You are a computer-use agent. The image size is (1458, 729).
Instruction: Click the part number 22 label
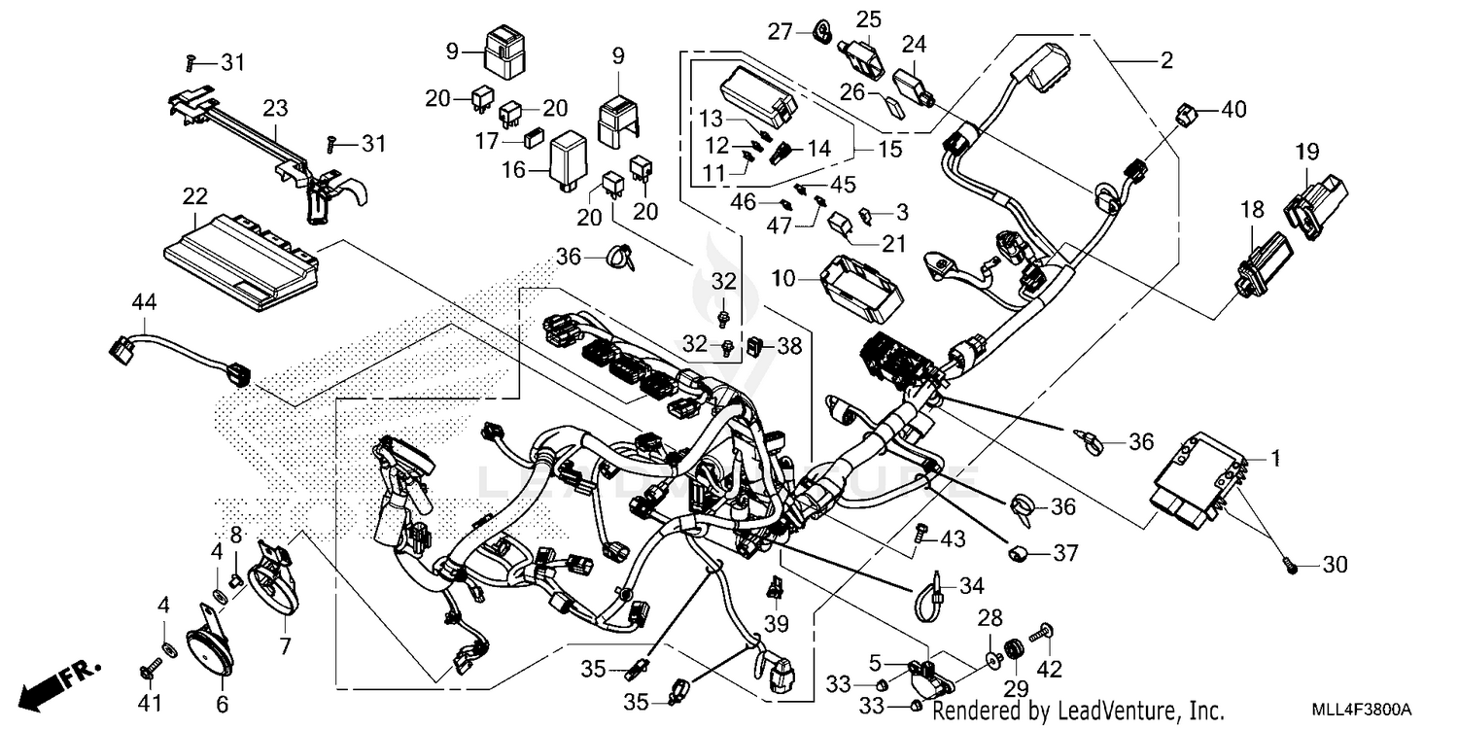click(194, 196)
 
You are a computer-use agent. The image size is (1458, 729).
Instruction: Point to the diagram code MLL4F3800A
click(1358, 712)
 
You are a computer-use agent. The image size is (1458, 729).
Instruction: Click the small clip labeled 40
click(1187, 114)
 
